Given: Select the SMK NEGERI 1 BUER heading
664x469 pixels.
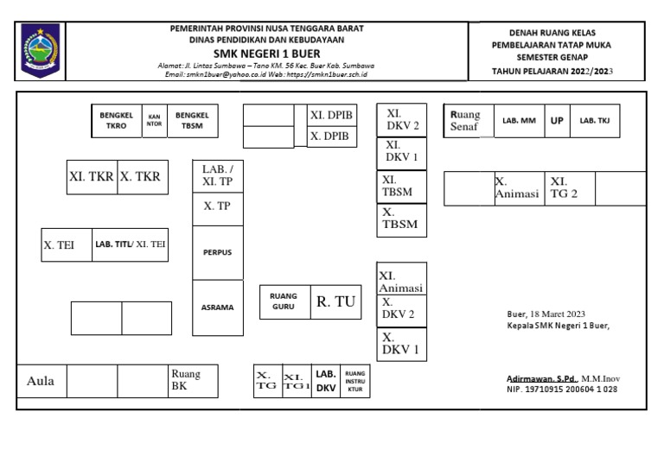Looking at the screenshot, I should point(267,52).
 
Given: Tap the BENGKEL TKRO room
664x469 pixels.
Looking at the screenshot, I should point(116,120).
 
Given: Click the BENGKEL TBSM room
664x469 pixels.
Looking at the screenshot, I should point(192,120).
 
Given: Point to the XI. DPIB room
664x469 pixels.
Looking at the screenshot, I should point(331,115).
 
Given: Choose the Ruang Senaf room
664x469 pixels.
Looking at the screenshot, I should point(468,121).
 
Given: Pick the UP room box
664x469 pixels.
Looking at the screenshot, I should point(557,121).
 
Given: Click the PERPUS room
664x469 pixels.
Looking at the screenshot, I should point(218,252).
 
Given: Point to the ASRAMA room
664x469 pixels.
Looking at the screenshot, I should point(218,307).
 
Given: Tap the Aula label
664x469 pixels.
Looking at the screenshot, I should point(41,380).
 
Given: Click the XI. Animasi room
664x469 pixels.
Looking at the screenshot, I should point(400,280).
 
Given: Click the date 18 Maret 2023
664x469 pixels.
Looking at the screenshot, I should point(546,314).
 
